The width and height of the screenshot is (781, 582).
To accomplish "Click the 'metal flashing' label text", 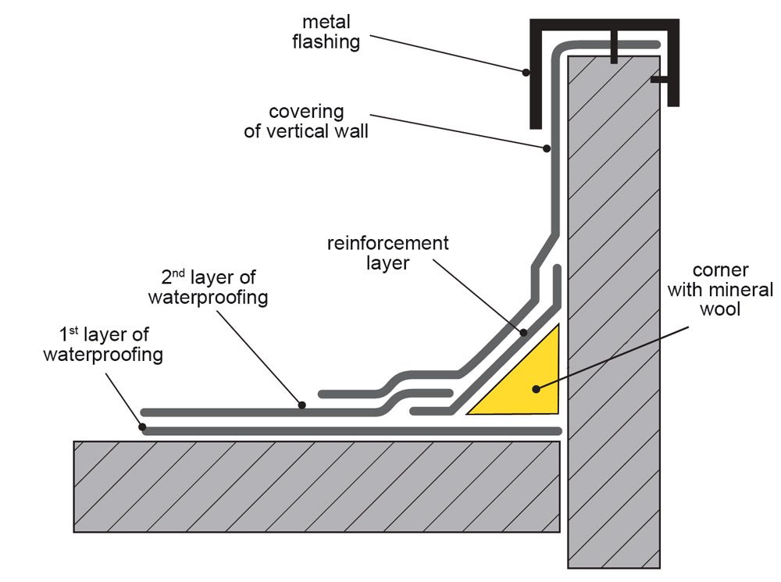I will coord(326,30).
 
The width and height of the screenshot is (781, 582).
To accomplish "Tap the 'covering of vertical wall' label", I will coord(306,122).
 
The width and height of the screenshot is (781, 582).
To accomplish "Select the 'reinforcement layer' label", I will coord(387,253).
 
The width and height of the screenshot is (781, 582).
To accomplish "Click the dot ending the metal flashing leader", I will coord(526,73).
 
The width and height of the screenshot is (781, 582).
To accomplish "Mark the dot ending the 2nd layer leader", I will coord(302,405).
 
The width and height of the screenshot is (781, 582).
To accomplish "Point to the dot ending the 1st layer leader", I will coord(142,427).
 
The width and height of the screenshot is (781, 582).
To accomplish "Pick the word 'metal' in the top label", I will coord(326,21).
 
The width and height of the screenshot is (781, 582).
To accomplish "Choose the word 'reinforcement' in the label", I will coord(387,243).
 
